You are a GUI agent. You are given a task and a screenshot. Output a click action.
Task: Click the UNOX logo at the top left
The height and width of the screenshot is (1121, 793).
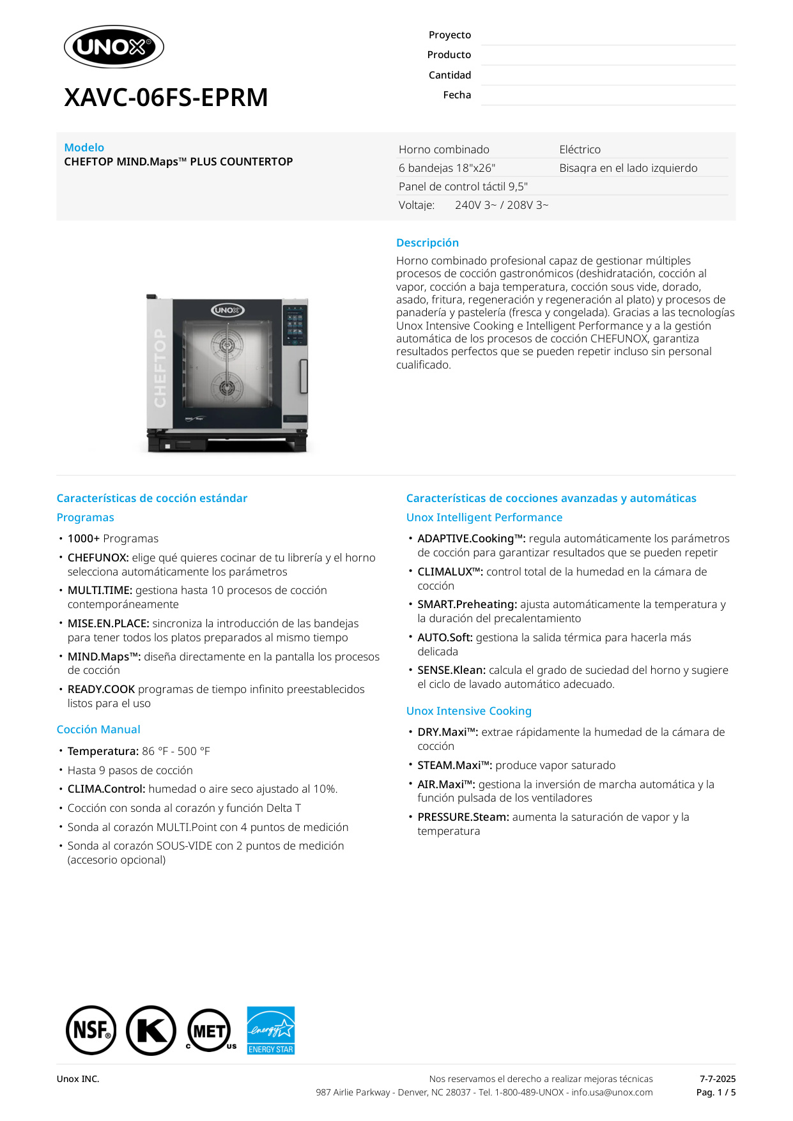(114, 47)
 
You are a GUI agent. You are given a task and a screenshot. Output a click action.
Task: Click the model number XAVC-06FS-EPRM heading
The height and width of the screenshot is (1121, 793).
(166, 98)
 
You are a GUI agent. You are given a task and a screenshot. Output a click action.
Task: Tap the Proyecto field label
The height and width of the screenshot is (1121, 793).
(449, 35)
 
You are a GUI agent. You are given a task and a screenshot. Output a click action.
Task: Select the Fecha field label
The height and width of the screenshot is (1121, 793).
(457, 95)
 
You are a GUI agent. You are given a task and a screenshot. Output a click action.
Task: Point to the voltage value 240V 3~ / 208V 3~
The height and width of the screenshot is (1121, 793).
(502, 205)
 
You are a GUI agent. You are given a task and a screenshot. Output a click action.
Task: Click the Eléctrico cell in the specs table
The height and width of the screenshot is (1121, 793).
(580, 149)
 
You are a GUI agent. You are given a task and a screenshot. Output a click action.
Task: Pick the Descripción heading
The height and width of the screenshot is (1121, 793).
(427, 243)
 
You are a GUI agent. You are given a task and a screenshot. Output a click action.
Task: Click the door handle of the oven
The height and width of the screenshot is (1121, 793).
(304, 376)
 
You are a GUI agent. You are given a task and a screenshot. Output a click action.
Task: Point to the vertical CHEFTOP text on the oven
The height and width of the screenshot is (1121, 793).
(160, 368)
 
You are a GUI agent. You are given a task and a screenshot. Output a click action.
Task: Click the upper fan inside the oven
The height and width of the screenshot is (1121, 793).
(227, 346)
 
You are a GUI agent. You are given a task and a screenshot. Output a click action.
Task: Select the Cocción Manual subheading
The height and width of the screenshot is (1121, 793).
(98, 729)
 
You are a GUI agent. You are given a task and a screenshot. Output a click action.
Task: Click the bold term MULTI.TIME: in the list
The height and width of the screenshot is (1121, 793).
(100, 590)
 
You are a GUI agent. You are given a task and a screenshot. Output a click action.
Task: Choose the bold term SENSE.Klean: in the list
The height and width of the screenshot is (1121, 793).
(451, 670)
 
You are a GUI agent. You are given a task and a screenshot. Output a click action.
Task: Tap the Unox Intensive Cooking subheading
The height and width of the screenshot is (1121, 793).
(468, 711)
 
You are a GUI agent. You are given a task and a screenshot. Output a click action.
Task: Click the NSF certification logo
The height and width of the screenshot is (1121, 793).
(91, 1030)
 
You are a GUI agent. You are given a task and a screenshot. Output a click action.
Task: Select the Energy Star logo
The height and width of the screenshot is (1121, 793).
(271, 1030)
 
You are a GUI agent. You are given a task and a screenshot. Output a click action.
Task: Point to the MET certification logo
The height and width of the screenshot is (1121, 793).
(210, 1030)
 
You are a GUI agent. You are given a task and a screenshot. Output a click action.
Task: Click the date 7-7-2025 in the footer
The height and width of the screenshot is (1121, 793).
(717, 1079)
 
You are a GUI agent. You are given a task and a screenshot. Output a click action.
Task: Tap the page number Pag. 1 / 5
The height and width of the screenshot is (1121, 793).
(716, 1092)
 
